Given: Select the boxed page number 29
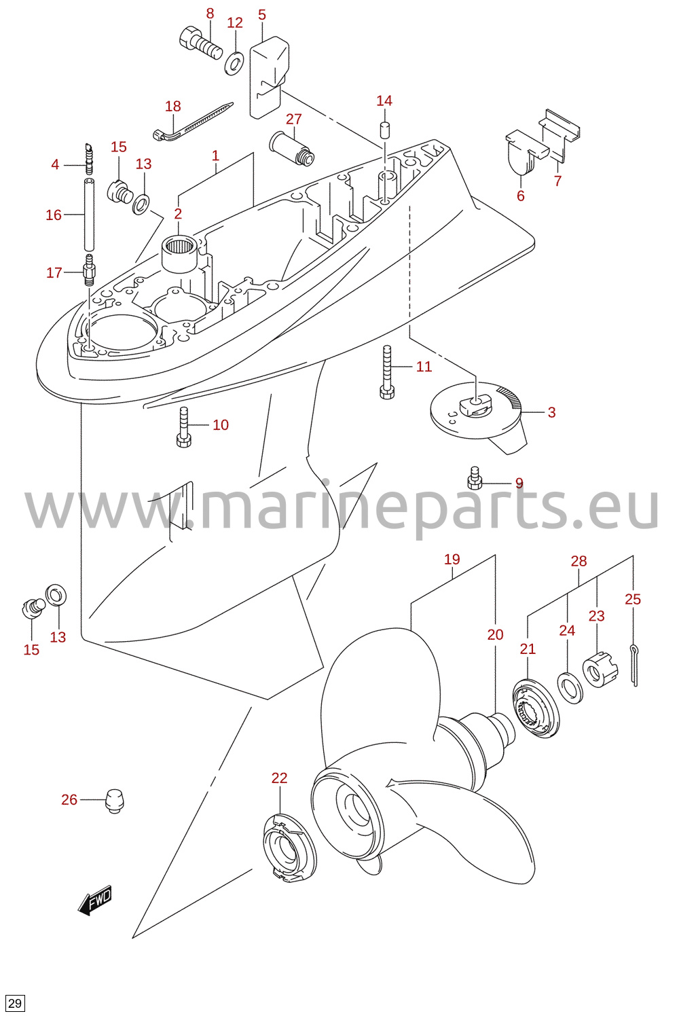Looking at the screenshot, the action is (x=14, y=1003).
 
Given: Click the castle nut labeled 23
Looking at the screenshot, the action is (x=600, y=668).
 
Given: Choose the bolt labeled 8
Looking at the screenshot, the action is (x=200, y=43).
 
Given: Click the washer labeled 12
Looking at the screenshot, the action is (x=234, y=64).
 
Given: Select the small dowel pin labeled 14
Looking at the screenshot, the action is (x=385, y=130).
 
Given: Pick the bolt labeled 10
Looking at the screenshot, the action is (x=183, y=427).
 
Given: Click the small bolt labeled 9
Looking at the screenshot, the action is (x=475, y=478).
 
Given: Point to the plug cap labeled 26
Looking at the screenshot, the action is (x=115, y=801).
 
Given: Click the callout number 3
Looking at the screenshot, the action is (x=551, y=412).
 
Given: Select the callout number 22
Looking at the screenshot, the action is (x=280, y=778).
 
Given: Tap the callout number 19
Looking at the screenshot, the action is (x=452, y=559).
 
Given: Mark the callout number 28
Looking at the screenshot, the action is (x=579, y=561).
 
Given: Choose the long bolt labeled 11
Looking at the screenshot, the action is (x=387, y=372).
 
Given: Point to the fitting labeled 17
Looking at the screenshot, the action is (x=89, y=270).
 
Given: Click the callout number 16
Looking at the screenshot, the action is (x=54, y=215).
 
